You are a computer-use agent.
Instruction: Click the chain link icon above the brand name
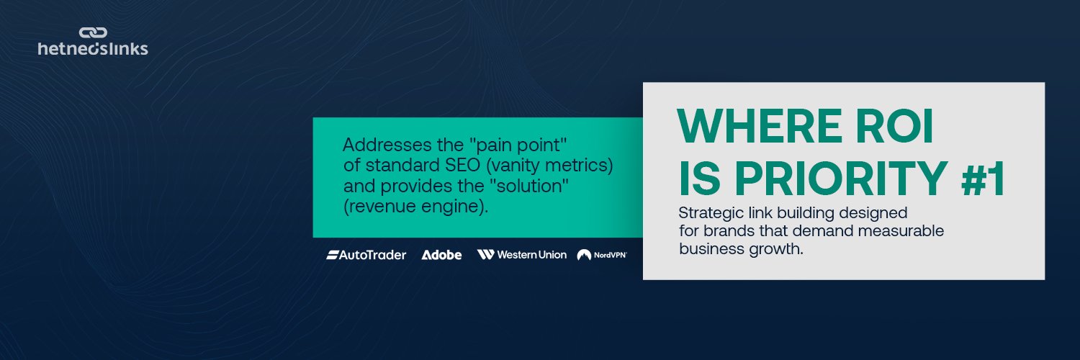point(93,33)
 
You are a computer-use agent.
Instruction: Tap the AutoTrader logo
point(366,255)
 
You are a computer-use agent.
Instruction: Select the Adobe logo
point(441,255)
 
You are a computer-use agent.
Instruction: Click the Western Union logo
point(522,254)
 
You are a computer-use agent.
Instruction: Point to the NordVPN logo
point(602,255)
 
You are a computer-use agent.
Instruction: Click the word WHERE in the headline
point(760,126)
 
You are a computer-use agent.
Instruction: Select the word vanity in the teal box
point(513,166)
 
